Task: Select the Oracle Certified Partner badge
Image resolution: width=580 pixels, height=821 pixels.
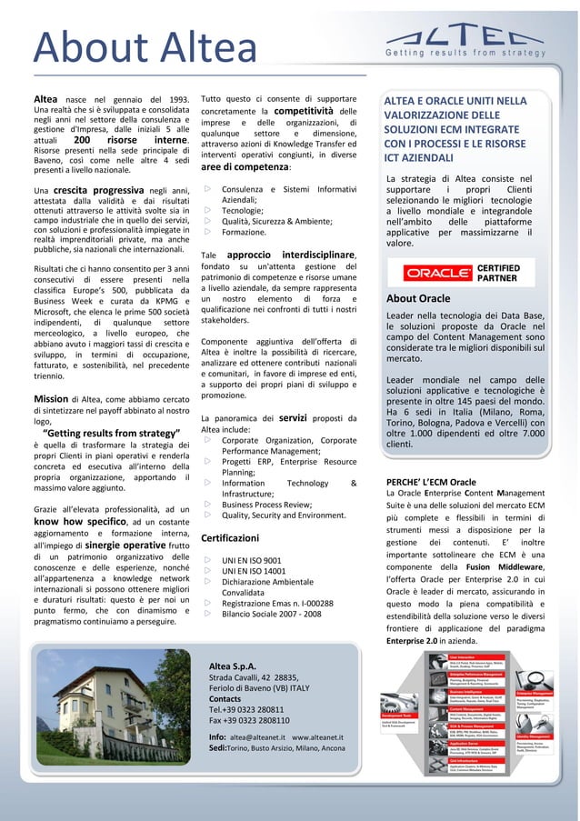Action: [463, 273]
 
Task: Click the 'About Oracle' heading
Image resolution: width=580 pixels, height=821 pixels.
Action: [418, 298]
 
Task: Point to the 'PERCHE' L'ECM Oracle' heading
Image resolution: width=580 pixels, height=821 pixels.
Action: [431, 481]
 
